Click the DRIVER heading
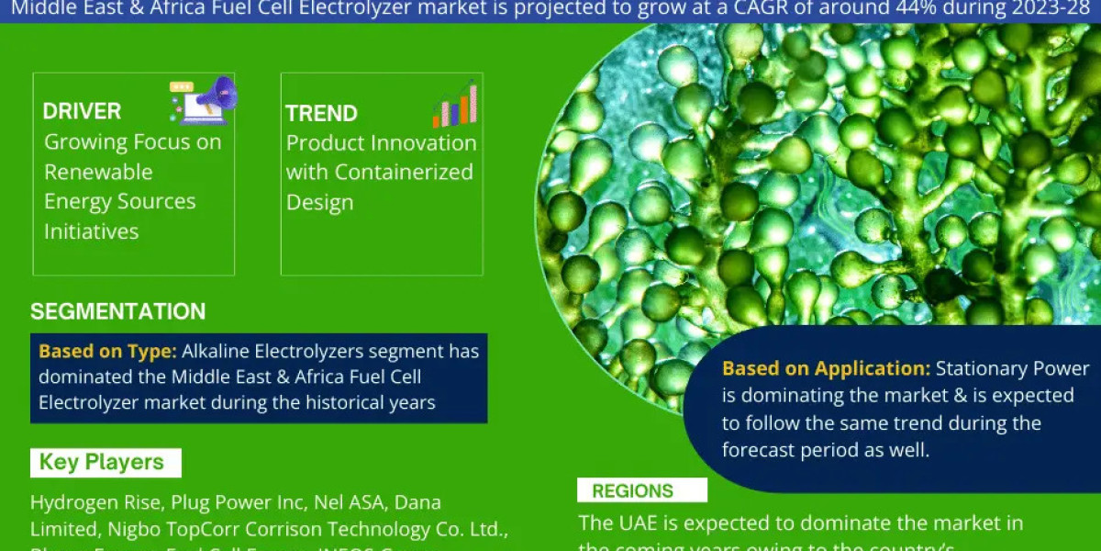point(82,112)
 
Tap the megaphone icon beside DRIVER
point(204,99)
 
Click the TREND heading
point(321,114)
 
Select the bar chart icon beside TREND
point(455,104)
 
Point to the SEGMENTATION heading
point(117,311)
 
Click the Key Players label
point(101,462)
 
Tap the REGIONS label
point(632,491)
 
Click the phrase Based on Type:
point(107,351)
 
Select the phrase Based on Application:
point(826,369)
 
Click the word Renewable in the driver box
point(98,172)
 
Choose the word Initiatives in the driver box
point(91,231)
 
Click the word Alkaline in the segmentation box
point(217,351)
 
